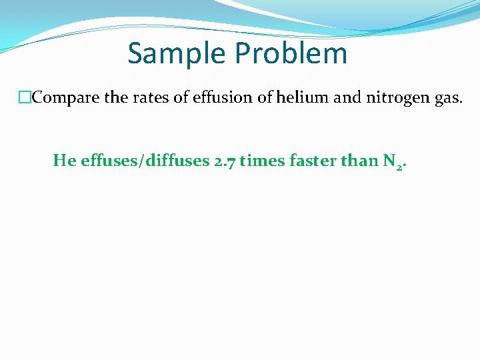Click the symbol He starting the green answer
click(x=64, y=161)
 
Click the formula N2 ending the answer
click(x=393, y=162)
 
